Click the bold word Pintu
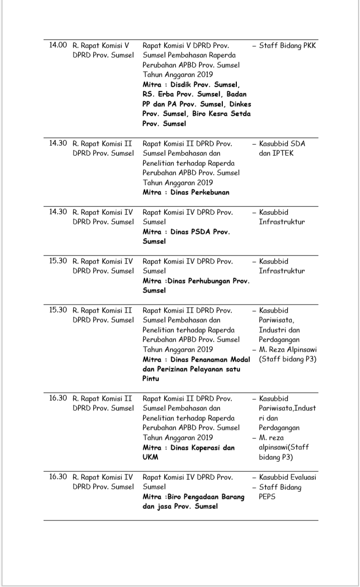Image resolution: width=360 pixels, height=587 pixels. tap(151, 379)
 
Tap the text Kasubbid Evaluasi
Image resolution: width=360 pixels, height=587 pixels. tap(287, 477)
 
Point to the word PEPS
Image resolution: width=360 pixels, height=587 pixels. tap(267, 497)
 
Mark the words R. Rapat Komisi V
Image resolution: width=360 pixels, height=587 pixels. tap(101, 45)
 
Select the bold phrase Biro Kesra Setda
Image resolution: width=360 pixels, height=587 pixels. tap(222, 114)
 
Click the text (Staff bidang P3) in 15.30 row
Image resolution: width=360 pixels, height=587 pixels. tap(287, 359)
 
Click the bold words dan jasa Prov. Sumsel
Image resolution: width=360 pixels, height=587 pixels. tap(180, 506)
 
